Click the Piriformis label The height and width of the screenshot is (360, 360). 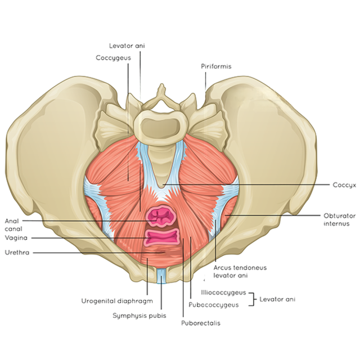pyautogui.click(x=216, y=66)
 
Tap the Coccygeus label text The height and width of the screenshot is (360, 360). pyautogui.click(x=113, y=57)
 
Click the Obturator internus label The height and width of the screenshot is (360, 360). pyautogui.click(x=336, y=219)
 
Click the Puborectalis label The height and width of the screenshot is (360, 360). pyautogui.click(x=200, y=323)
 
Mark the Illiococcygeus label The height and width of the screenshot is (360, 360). pyautogui.click(x=223, y=293)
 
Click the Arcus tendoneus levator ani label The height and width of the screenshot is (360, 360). pyautogui.click(x=231, y=271)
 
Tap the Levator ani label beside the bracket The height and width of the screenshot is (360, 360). pyautogui.click(x=277, y=299)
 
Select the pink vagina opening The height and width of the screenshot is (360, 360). pyautogui.click(x=161, y=237)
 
